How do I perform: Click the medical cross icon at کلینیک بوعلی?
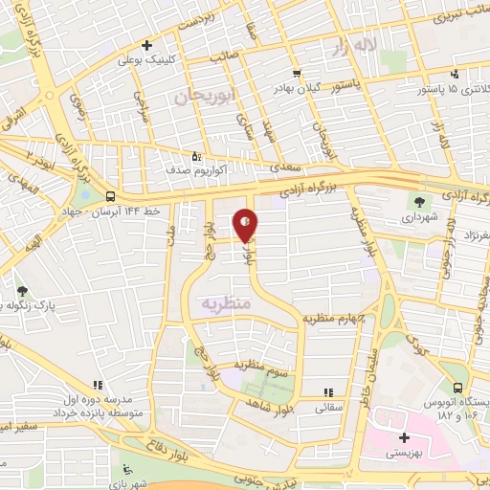click(x=145, y=45)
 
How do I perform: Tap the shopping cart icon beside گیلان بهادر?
click(x=297, y=73)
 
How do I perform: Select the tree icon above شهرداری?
click(x=418, y=201)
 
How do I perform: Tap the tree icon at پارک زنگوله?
click(x=22, y=290)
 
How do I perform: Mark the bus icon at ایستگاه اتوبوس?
click(x=457, y=389)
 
